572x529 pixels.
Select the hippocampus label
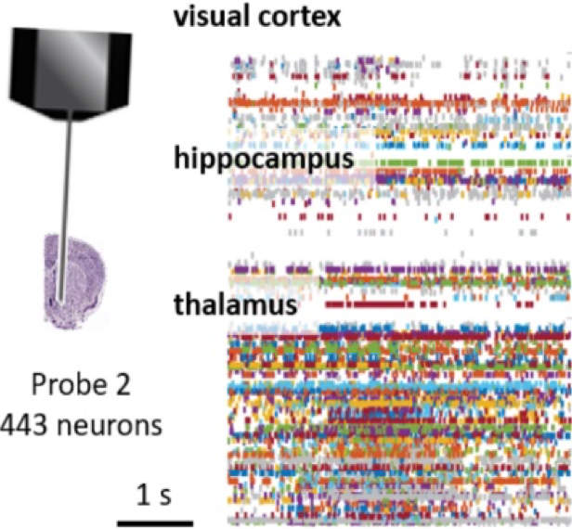coord(263,160)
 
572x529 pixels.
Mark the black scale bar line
coord(155,520)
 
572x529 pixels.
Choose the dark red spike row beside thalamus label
coord(371,302)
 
